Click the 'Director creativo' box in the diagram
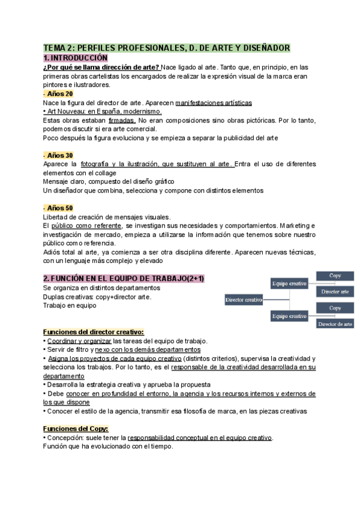click(245, 299)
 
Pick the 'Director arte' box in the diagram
click(335, 291)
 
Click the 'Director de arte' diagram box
click(335, 324)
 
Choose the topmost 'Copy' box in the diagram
click(335, 276)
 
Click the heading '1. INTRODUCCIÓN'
click(76, 58)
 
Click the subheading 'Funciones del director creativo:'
click(94, 332)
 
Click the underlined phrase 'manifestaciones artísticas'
click(205, 103)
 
